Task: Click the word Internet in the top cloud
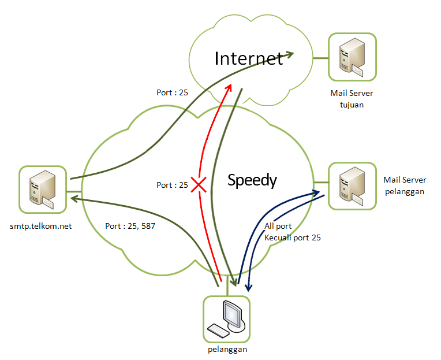(x=249, y=58)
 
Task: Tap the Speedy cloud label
(x=252, y=180)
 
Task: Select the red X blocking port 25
(x=199, y=185)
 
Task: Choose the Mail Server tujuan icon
(x=352, y=57)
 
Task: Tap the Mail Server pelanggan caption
(x=404, y=185)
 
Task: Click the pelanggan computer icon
(x=227, y=319)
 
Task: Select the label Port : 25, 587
(x=130, y=226)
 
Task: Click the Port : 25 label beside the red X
(x=172, y=185)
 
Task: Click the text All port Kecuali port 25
(x=292, y=232)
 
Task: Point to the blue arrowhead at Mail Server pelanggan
(x=316, y=192)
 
